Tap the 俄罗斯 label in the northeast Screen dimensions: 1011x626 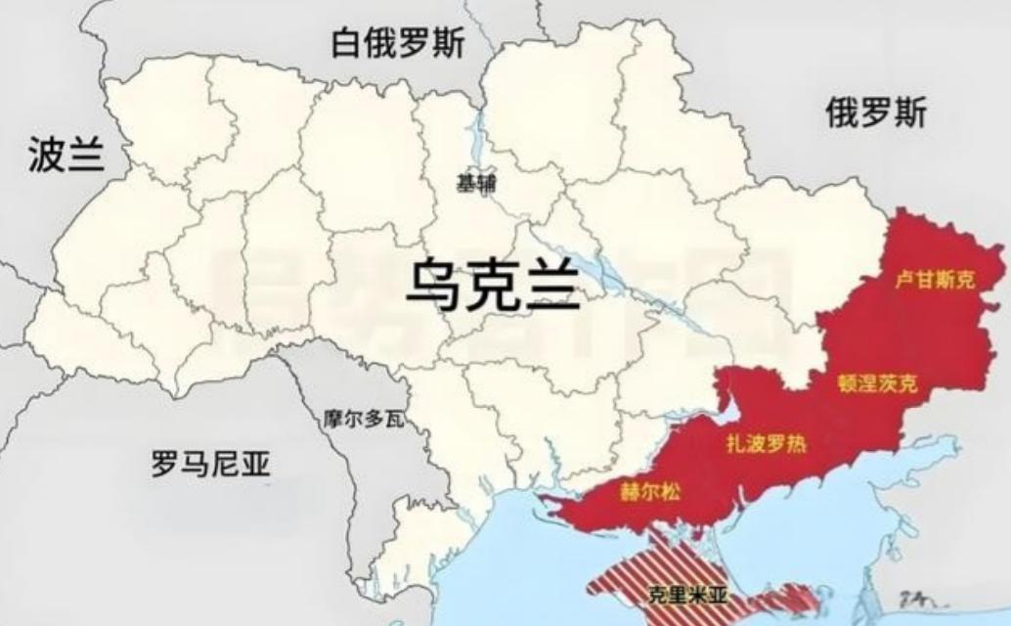(x=875, y=114)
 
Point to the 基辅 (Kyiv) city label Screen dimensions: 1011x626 (x=476, y=183)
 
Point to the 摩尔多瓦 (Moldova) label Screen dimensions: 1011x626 (x=363, y=420)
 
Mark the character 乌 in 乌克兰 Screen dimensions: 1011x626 (x=434, y=286)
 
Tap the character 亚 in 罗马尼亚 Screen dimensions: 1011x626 (x=256, y=464)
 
